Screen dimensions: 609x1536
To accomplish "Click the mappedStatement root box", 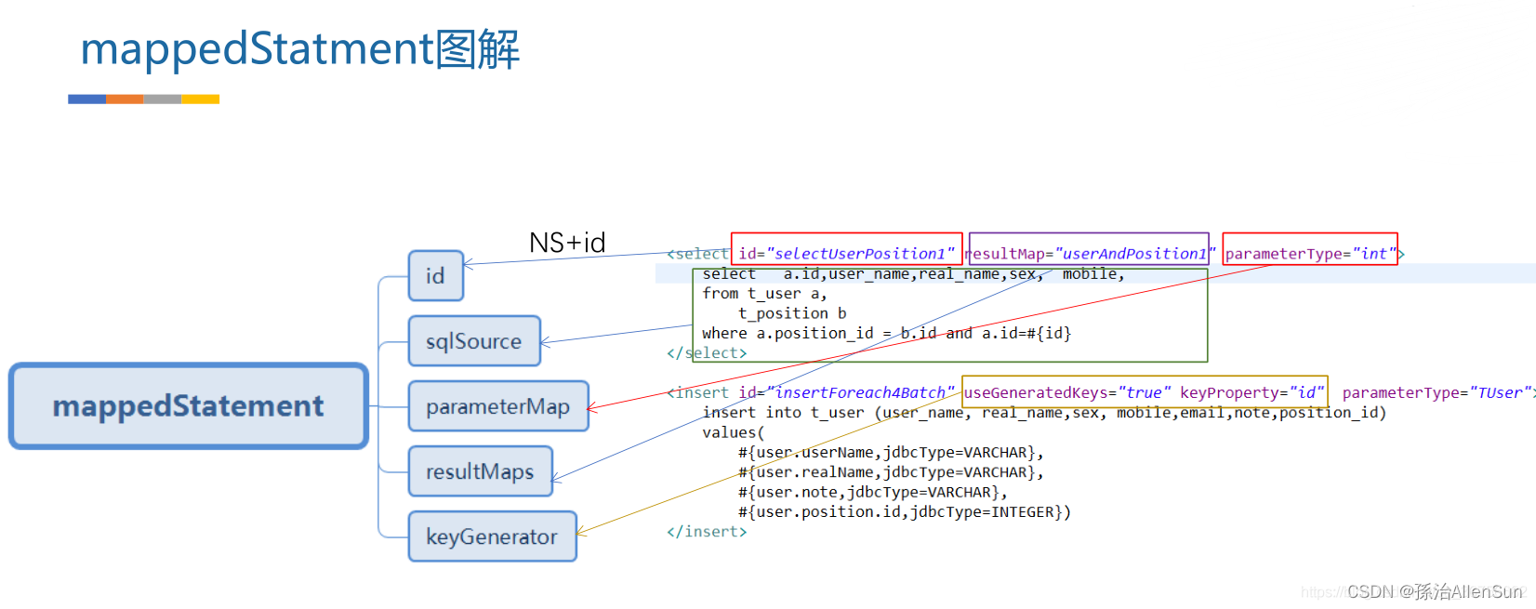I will (x=189, y=406).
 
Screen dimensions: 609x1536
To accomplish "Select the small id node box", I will (x=435, y=276).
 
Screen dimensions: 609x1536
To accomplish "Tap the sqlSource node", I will (x=473, y=341).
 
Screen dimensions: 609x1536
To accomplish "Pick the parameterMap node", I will (x=497, y=406).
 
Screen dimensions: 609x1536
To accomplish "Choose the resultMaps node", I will (x=480, y=471).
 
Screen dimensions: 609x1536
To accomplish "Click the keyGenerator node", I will (x=492, y=536).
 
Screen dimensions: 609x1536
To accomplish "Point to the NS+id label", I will (x=567, y=244).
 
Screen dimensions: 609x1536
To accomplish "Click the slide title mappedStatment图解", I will (x=299, y=49).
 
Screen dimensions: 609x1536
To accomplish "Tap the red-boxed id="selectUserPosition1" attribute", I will (x=846, y=253).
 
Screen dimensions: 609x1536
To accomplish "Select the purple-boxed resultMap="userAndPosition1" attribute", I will (x=1089, y=253).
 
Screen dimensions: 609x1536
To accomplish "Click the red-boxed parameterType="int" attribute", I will (x=1310, y=253).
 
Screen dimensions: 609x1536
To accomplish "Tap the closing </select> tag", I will (x=707, y=353).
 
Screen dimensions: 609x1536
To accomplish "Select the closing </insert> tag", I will (x=707, y=532).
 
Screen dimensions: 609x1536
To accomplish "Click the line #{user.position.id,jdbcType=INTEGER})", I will (x=904, y=512).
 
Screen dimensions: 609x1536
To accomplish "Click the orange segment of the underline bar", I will (x=125, y=99).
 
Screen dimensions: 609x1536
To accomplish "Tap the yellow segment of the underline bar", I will (x=201, y=99).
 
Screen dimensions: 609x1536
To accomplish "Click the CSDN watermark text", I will (x=1434, y=591).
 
